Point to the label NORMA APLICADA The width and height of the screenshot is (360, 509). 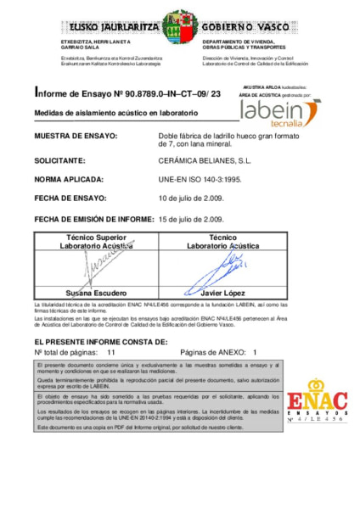[x=69, y=180]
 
